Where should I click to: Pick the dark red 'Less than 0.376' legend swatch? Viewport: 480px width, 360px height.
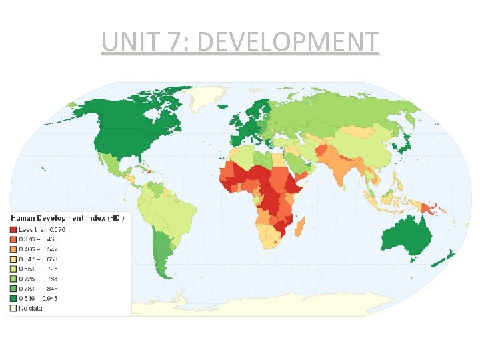click(13, 229)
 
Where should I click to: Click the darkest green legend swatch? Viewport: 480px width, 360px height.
click(13, 298)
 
